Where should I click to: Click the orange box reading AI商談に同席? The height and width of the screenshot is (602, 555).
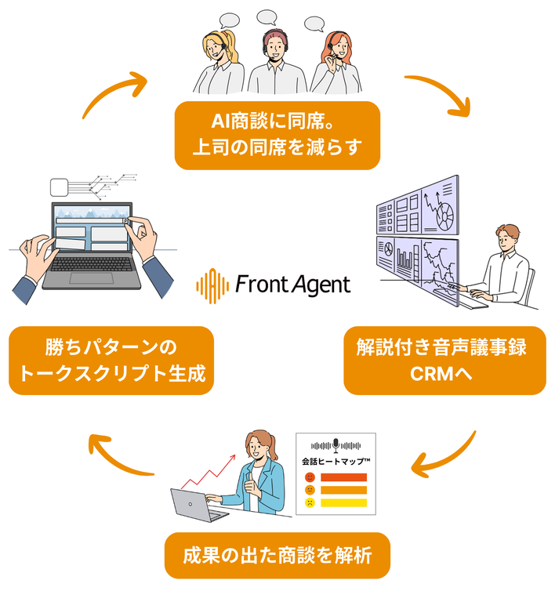pyautogui.click(x=277, y=135)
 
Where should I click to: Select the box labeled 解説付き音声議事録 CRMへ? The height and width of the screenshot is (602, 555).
pyautogui.click(x=444, y=360)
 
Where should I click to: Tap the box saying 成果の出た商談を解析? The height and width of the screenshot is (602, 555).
pyautogui.click(x=277, y=556)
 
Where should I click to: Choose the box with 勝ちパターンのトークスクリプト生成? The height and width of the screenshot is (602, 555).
pyautogui.click(x=111, y=360)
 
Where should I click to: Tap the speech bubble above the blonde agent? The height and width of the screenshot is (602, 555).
pyautogui.click(x=229, y=20)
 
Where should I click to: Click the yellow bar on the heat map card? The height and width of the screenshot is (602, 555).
pyautogui.click(x=343, y=502)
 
